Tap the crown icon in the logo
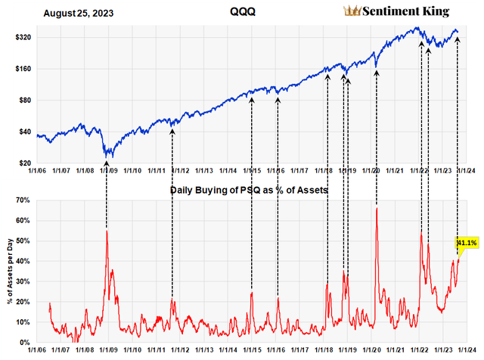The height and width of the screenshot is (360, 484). coord(352,11)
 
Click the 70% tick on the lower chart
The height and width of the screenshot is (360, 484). coord(20,200)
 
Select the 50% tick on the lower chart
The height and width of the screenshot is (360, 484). coord(20,241)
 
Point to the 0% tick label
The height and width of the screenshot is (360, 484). coord(22,343)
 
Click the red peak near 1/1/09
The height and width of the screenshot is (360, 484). coord(107,230)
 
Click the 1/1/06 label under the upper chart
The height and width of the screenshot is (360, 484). coord(36,172)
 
